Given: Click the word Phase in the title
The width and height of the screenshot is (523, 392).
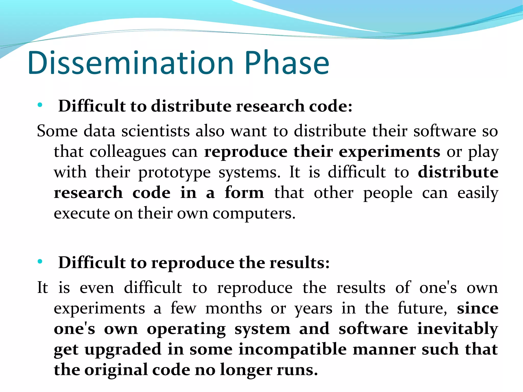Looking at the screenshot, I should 287,63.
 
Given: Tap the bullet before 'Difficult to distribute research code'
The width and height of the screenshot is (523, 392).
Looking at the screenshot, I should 40,105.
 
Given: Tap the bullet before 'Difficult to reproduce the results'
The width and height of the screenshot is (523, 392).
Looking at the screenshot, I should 40,262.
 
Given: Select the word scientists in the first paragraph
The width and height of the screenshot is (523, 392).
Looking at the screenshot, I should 155,131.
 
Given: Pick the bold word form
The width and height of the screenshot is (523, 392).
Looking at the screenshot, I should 244,193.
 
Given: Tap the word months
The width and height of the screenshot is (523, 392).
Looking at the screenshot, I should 234,308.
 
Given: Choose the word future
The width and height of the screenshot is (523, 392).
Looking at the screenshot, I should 422,308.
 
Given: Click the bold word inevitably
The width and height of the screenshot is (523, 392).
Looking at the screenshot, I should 457,329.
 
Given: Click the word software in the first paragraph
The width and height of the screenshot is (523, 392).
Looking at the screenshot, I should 445,131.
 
